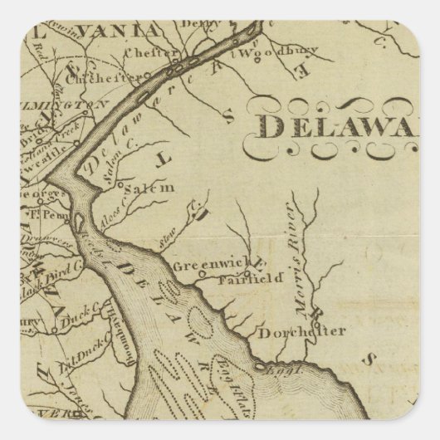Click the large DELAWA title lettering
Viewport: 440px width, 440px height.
[x=341, y=125]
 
